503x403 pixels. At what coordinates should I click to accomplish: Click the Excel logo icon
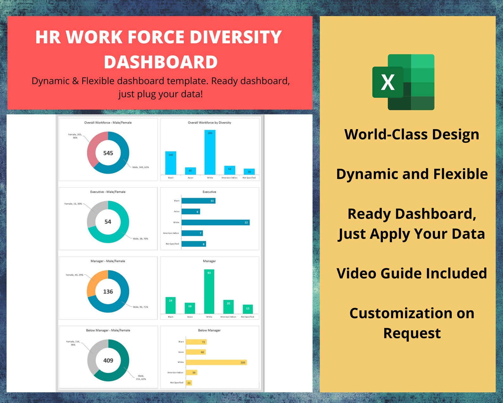point(403,82)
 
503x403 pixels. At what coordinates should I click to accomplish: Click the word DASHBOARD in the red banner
point(161,62)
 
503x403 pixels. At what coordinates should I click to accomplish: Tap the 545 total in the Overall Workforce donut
point(108,153)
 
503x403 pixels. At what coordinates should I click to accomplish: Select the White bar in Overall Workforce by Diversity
point(210,152)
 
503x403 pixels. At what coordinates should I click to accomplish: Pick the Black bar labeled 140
point(171,163)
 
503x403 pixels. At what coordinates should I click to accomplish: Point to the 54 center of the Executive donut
point(108,222)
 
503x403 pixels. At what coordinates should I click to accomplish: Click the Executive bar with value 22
point(215,222)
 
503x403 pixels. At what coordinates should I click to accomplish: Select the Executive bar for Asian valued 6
point(191,212)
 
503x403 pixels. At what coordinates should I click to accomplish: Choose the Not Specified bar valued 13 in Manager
point(248,309)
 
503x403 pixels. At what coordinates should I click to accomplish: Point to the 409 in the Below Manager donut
point(108,360)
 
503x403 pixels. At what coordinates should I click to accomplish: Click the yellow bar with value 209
point(216,362)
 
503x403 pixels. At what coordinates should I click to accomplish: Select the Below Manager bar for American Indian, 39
point(191,373)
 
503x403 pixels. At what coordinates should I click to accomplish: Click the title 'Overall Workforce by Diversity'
point(209,122)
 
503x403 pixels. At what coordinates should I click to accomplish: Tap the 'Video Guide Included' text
point(411,274)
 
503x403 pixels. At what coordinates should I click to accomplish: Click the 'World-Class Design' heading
point(411,135)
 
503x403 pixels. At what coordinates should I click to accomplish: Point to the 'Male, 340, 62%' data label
point(141,167)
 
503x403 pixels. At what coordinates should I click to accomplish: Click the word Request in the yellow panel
point(412,333)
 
